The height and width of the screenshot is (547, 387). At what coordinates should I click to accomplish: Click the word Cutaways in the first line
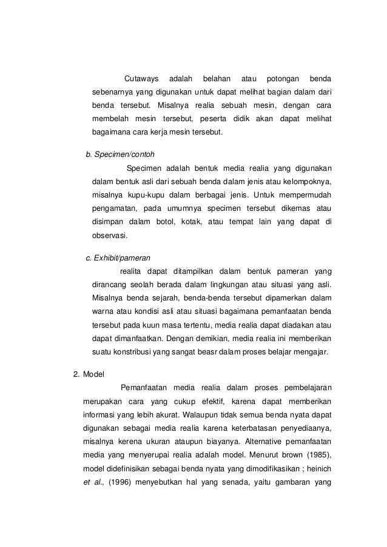[x=141, y=79]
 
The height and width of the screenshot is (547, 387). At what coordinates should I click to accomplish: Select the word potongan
[x=284, y=79]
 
